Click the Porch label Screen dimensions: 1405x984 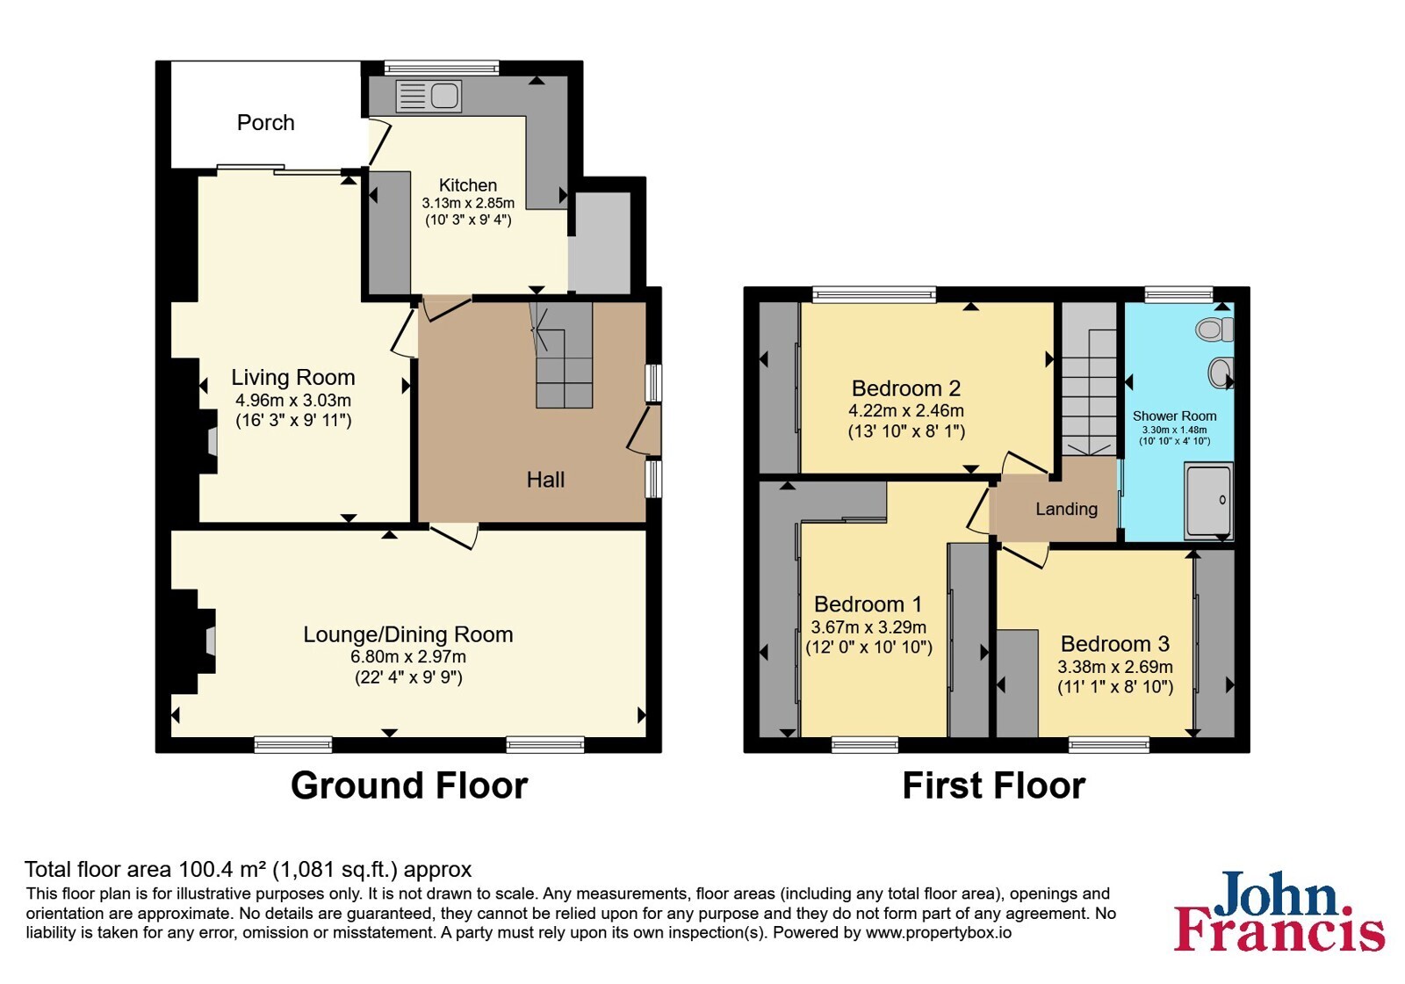(265, 122)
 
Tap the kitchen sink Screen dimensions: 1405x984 (429, 96)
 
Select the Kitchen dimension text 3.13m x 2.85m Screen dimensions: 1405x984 (468, 203)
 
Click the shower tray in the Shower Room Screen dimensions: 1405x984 (1208, 501)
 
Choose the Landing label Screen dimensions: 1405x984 (1066, 509)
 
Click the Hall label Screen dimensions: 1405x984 (545, 480)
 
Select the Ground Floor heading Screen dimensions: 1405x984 (409, 785)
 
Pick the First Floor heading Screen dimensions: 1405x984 (994, 785)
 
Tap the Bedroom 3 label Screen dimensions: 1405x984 (1115, 644)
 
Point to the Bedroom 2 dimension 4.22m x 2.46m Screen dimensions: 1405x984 (906, 411)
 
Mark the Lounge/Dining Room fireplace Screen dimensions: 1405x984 (208, 640)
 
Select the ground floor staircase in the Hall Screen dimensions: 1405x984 (562, 355)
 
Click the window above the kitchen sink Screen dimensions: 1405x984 (442, 68)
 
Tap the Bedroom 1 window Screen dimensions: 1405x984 (865, 746)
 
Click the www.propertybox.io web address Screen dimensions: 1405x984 (939, 932)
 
